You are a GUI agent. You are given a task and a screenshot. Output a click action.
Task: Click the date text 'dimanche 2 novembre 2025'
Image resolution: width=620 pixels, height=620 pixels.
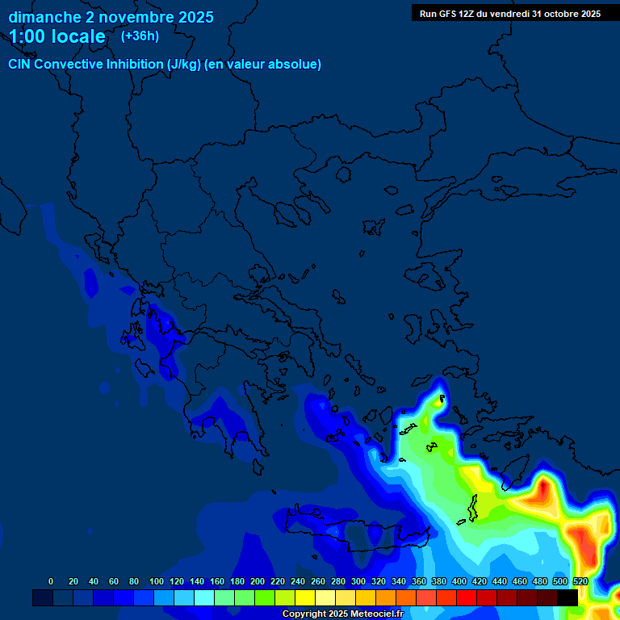(x=111, y=17)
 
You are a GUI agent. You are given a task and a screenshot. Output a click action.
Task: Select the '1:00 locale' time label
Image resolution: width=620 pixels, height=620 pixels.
(x=57, y=36)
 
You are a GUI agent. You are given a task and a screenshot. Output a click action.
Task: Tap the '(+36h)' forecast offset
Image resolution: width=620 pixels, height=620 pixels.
(x=140, y=36)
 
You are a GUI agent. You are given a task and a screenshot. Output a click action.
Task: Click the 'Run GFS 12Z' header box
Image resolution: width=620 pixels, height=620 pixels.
(x=509, y=14)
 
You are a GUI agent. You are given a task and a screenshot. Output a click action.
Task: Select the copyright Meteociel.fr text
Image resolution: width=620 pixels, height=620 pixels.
(x=342, y=614)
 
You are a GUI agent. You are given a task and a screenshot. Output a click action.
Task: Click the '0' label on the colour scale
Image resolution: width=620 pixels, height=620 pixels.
(x=51, y=581)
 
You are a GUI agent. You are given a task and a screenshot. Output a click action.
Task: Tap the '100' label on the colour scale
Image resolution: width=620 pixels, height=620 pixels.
(x=157, y=581)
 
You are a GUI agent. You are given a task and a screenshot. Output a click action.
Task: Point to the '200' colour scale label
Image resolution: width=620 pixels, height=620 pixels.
(x=258, y=581)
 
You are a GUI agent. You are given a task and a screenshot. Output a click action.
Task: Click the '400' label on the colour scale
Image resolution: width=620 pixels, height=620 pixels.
(x=459, y=581)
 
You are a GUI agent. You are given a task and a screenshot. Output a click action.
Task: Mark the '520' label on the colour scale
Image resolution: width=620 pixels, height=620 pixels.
(x=580, y=581)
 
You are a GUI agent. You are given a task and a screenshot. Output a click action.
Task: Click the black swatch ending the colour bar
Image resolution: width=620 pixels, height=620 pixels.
(x=568, y=597)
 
